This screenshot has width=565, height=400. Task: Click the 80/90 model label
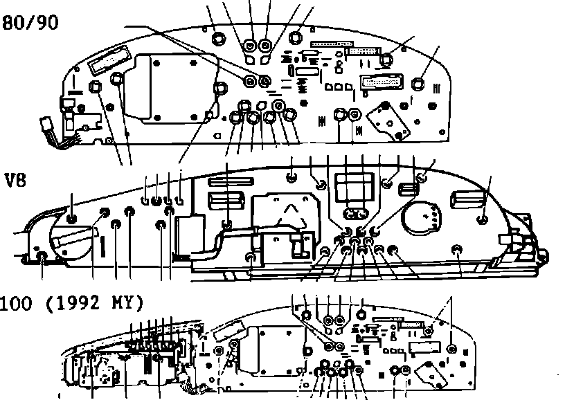(30, 23)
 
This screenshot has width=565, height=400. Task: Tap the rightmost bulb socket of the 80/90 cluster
(418, 83)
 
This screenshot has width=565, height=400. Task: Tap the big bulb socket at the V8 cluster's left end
(72, 219)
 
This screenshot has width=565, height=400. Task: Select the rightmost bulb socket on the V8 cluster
(483, 219)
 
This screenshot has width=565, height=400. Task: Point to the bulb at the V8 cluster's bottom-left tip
(42, 257)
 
